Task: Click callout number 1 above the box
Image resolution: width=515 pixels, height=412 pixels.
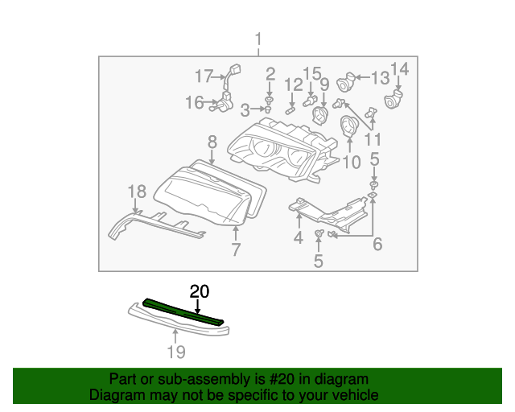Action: [258, 39]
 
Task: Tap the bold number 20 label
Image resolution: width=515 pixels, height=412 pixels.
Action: [198, 290]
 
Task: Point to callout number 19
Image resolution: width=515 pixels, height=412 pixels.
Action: [175, 352]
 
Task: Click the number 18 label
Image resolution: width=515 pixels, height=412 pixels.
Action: [136, 191]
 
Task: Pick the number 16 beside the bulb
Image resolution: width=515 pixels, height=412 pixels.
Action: [195, 102]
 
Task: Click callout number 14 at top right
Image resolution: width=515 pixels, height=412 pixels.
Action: [399, 70]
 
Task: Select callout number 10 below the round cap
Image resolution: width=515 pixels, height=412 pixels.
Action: [352, 163]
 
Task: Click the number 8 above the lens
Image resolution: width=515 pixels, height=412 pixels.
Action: [212, 142]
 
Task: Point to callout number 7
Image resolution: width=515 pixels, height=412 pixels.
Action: [236, 250]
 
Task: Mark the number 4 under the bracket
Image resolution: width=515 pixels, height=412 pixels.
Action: [298, 237]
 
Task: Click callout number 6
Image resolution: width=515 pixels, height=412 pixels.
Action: [377, 244]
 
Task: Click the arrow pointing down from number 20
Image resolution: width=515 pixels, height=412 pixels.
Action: [198, 306]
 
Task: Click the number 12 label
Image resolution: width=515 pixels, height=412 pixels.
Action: [293, 84]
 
